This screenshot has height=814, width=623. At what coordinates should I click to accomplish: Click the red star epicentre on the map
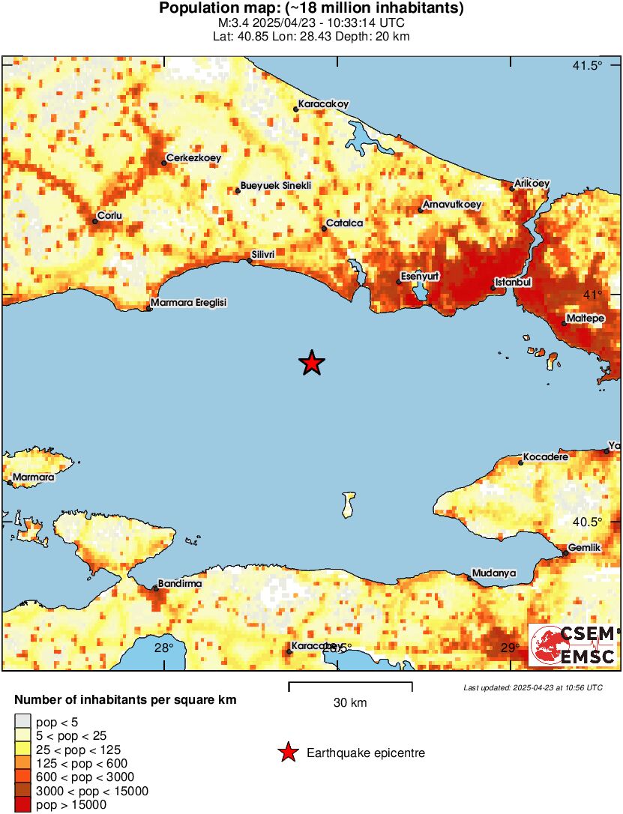311,364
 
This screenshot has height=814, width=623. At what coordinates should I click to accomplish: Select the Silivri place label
265,255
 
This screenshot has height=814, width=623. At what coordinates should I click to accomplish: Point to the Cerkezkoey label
193,157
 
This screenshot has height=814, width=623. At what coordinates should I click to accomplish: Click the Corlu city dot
95,221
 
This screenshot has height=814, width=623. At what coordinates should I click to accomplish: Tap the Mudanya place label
495,573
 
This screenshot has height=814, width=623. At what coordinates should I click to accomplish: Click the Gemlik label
585,548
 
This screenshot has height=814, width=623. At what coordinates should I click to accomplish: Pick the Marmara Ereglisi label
188,303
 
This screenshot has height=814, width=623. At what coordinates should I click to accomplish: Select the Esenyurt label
420,277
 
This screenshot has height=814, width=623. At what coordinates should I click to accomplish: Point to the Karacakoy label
323,103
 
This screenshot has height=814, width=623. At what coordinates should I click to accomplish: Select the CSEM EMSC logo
573,645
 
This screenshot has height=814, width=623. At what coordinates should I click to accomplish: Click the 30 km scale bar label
350,703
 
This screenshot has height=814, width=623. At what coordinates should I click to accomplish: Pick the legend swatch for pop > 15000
22,804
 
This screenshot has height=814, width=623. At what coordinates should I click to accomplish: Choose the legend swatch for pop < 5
22,722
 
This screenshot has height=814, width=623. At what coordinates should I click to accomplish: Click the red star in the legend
287,753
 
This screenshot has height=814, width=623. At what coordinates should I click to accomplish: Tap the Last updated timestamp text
532,687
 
